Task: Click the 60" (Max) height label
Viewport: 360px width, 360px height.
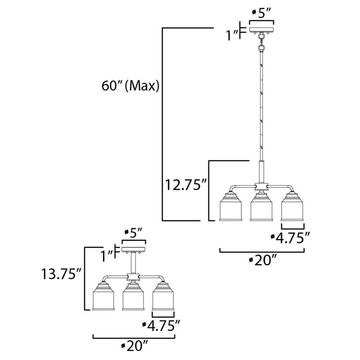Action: pyautogui.click(x=130, y=86)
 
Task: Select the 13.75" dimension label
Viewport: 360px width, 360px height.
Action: pyautogui.click(x=61, y=274)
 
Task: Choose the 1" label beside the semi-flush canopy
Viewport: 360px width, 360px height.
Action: pyautogui.click(x=106, y=256)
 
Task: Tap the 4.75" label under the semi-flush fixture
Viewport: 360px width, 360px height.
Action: pyautogui.click(x=161, y=325)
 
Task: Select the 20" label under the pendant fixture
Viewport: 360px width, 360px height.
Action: pyautogui.click(x=262, y=261)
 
